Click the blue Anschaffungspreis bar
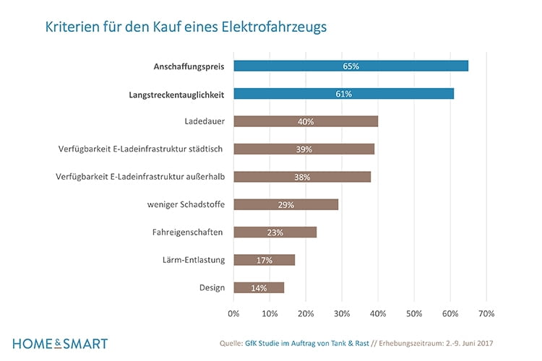click(350, 66)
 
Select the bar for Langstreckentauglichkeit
click(343, 94)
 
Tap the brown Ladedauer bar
click(305, 121)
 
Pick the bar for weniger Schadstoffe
click(285, 204)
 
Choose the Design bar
click(259, 287)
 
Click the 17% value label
click(264, 260)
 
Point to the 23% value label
click(275, 232)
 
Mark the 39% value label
click(304, 149)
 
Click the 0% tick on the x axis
click(233, 314)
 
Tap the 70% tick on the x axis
click(486, 314)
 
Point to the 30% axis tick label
click(342, 314)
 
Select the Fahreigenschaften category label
click(187, 232)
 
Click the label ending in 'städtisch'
click(140, 149)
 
